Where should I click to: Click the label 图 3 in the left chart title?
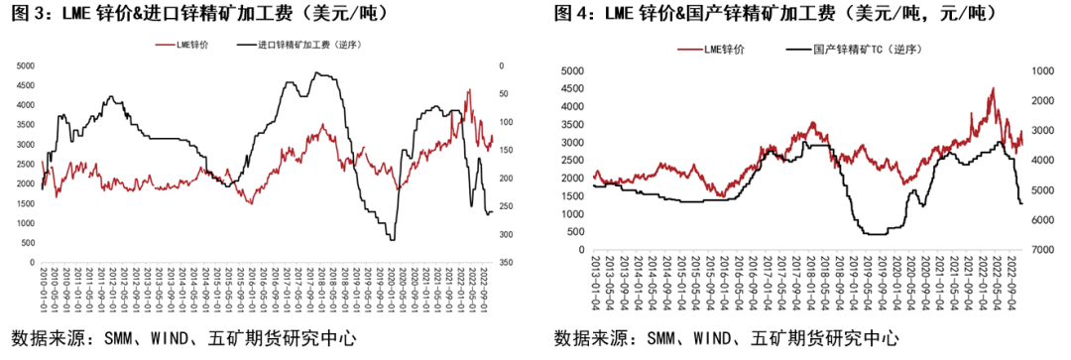pyautogui.click(x=30, y=14)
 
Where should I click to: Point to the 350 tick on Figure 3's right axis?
pyautogui.click(x=506, y=263)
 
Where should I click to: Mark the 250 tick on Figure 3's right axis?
pyautogui.click(x=506, y=206)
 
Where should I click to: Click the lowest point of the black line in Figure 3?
pyautogui.click(x=393, y=239)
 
